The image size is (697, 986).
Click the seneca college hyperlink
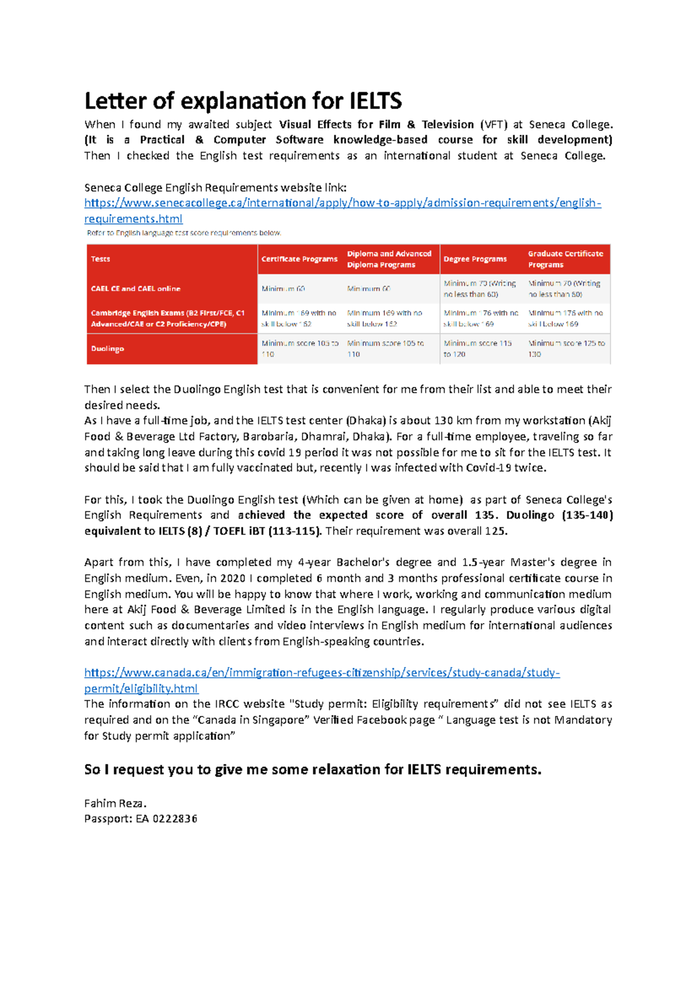(x=342, y=203)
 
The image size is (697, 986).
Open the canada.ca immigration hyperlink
(x=322, y=673)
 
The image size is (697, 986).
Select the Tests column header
(x=100, y=259)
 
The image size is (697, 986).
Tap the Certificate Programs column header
(x=299, y=259)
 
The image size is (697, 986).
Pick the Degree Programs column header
(x=475, y=259)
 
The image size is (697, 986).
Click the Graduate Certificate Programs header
(x=565, y=259)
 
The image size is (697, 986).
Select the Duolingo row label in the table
(x=107, y=349)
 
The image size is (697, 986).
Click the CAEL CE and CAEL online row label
(x=135, y=289)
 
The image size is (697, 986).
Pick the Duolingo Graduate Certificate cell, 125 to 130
(x=566, y=348)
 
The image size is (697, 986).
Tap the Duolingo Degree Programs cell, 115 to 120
(x=477, y=348)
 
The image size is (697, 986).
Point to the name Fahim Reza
(x=115, y=804)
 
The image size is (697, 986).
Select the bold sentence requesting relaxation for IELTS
(x=312, y=770)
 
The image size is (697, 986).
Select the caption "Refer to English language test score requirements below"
(x=184, y=233)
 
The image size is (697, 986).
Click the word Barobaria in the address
(x=268, y=437)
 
